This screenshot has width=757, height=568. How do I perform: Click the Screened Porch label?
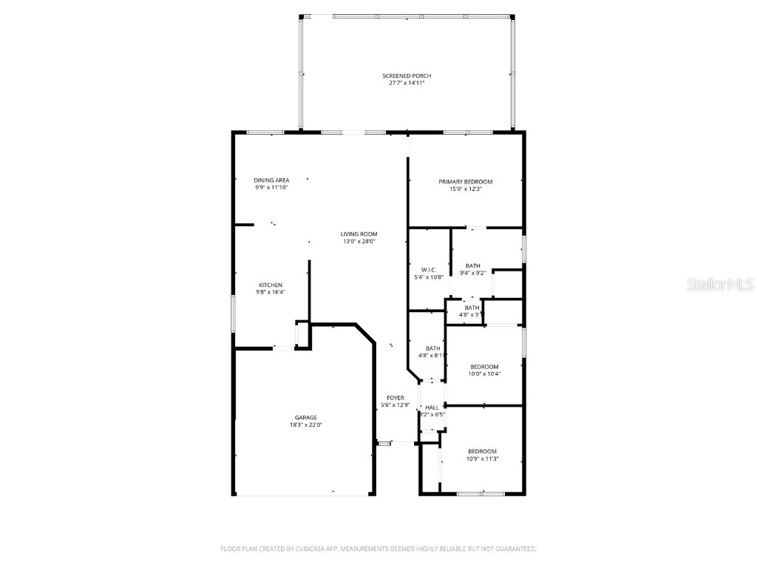point(407,76)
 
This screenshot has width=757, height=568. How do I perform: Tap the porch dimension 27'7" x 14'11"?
point(407,83)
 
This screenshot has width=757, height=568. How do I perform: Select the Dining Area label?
point(271,180)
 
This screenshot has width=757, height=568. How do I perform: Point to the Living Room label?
point(359,234)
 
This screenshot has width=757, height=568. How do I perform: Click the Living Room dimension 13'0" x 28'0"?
point(359,241)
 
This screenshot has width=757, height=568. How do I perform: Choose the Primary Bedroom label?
point(465,182)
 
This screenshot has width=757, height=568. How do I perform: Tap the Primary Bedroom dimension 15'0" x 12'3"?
point(465,189)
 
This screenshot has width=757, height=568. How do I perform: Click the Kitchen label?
point(270,285)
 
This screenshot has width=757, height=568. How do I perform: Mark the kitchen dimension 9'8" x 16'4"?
point(270,292)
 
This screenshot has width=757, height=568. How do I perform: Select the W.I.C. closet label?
point(428,270)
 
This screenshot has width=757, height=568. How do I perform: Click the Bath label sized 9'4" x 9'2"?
point(472,266)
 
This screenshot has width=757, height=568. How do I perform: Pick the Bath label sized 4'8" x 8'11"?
point(432,348)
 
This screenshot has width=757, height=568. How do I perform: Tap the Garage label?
point(306,418)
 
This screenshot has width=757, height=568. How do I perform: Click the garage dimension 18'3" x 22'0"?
point(306,425)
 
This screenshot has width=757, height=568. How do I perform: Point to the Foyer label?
point(394,398)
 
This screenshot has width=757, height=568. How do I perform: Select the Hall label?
point(432,408)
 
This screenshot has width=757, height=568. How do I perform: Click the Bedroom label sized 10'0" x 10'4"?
point(484,367)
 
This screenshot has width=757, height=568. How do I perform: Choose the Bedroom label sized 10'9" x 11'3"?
point(482,451)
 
